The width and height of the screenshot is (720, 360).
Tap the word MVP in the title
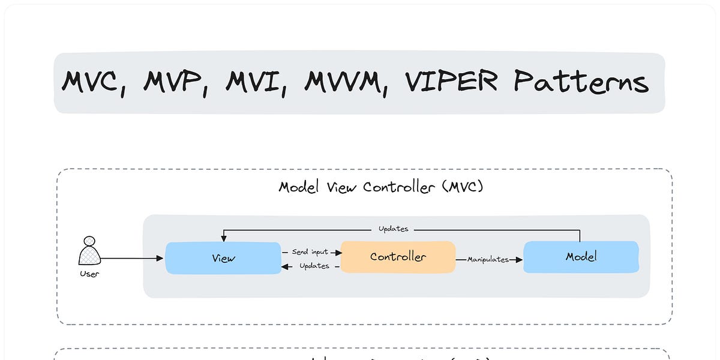coord(176,82)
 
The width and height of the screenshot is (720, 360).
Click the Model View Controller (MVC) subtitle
coord(381,187)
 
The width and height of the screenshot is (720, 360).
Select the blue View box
coord(223,258)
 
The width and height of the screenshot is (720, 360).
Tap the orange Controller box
coord(398,257)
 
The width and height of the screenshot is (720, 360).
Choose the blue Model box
coord(581,257)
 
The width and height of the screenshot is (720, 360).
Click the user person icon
coord(89,251)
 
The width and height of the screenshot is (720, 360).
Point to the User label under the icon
coord(89,274)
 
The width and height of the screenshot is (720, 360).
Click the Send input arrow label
coord(310,252)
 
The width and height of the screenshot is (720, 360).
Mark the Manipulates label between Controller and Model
coord(488,260)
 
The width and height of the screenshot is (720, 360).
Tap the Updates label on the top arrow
coord(393,229)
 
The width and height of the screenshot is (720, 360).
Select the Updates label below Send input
coord(314,266)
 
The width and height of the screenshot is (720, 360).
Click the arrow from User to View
coord(132,258)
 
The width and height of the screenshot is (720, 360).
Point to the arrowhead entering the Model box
coord(519,260)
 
